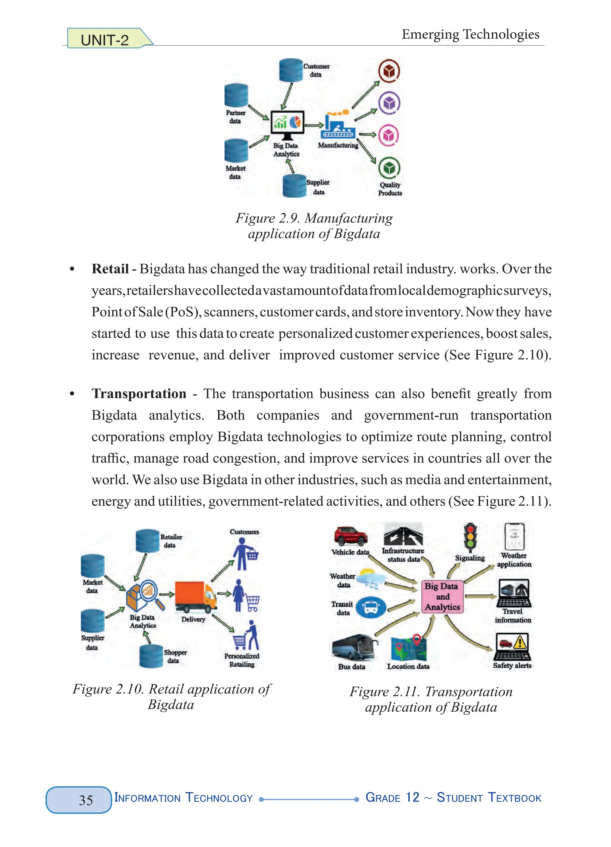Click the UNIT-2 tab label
tap(105, 40)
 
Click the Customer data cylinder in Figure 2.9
tap(291, 70)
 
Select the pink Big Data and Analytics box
tap(442, 596)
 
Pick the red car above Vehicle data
tap(351, 536)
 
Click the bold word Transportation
tap(139, 394)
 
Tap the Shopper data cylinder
tap(151, 656)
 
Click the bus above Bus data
tap(354, 647)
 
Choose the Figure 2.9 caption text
tap(314, 226)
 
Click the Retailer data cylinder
tap(147, 541)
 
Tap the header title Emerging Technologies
tap(470, 34)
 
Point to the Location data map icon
tap(409, 648)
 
